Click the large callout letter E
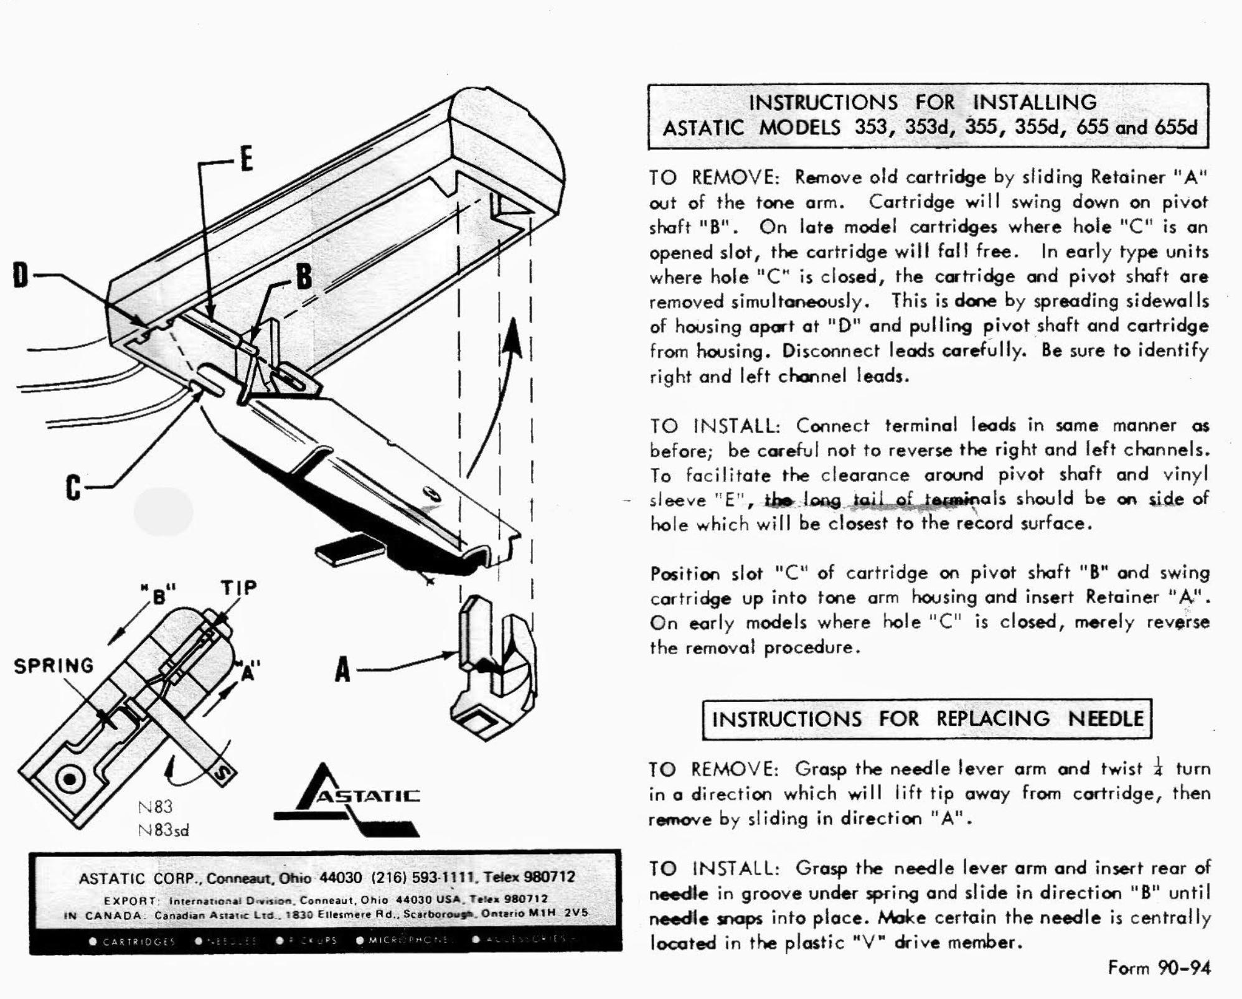tap(247, 159)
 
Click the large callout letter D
tap(21, 274)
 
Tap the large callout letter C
tap(73, 487)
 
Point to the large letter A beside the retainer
tap(342, 670)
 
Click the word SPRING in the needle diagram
tap(54, 665)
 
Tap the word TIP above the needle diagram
tap(238, 588)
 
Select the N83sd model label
tap(164, 830)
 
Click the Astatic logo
tap(349, 800)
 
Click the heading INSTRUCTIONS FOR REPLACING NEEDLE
tap(927, 719)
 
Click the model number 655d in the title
tap(1175, 127)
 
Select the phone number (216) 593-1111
tap(423, 877)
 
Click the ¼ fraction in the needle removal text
tap(1159, 766)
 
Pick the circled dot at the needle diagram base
tap(69, 779)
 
